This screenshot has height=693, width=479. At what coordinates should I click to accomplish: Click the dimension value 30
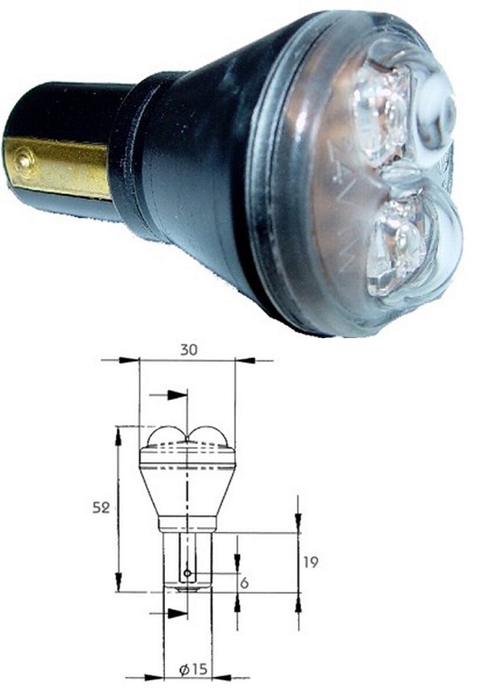point(188,350)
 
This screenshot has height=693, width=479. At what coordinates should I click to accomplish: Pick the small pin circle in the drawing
point(187,573)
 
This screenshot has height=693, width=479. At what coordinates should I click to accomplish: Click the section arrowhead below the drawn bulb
point(178,614)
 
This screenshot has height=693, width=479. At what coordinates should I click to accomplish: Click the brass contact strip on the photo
point(56,167)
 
